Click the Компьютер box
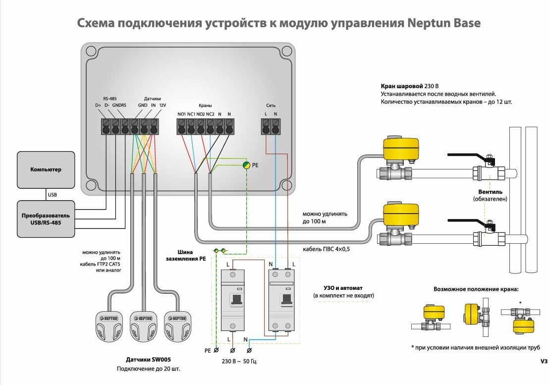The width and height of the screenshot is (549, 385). click(x=46, y=169)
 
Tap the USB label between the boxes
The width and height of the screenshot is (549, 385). click(x=52, y=195)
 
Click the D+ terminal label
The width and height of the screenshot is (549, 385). click(x=98, y=105)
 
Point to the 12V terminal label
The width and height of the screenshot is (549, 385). click(x=163, y=105)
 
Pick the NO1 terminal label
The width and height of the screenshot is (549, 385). click(x=181, y=114)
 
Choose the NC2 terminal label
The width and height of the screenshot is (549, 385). click(x=210, y=114)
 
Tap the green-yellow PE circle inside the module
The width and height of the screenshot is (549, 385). click(x=246, y=165)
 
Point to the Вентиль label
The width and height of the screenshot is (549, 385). click(x=491, y=191)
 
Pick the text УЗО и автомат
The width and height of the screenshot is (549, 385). click(x=343, y=288)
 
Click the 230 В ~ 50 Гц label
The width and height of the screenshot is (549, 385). click(x=239, y=361)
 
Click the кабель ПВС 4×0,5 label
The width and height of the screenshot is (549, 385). click(x=326, y=249)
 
